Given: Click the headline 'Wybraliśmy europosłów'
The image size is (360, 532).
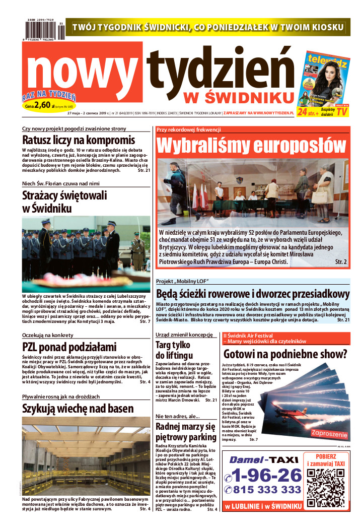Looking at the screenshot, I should coord(252,145).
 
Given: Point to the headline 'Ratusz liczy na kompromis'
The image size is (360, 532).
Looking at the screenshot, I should coord(79,140).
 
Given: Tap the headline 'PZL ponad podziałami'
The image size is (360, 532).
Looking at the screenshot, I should coord(69,347).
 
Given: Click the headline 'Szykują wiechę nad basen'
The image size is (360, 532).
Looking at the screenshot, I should coord(78,408).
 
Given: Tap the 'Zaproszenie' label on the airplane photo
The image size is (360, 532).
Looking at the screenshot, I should coord(330,434).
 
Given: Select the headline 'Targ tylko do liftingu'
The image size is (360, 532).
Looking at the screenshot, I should coord(173,350).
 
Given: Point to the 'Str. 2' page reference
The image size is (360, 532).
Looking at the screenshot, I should coord(341,262).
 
